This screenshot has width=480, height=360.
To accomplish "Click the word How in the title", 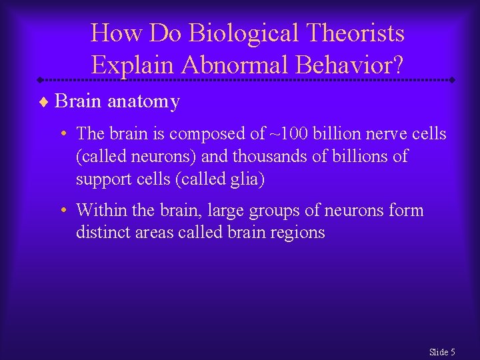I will [110, 33].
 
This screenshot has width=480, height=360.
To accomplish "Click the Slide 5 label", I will [442, 352].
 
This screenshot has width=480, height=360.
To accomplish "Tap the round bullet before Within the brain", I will [62, 211].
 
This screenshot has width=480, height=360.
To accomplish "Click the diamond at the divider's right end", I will [452, 80].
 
